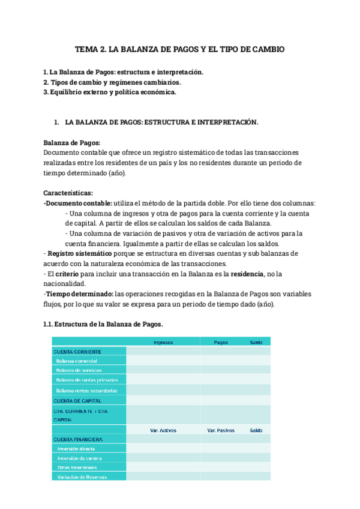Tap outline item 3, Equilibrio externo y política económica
[x=110, y=92]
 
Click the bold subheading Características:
[x=68, y=193]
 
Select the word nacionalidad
[x=65, y=284]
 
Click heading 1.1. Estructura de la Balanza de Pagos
[x=103, y=324]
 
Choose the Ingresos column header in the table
[x=163, y=342]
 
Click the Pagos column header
[x=221, y=342]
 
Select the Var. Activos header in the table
[x=163, y=430]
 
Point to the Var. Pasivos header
[x=220, y=430]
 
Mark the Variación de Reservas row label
[x=82, y=477]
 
